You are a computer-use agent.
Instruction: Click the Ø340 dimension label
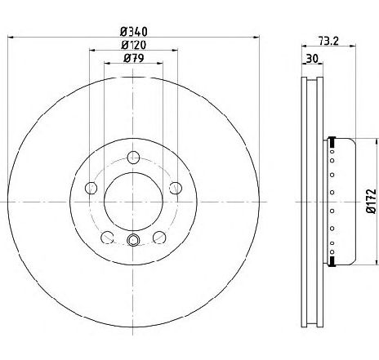pyautogui.click(x=134, y=32)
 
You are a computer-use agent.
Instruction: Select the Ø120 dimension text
pyautogui.click(x=134, y=45)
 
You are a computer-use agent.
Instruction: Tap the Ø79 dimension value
pyautogui.click(x=133, y=58)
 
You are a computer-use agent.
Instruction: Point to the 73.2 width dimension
pyautogui.click(x=328, y=41)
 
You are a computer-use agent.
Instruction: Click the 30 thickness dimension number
pyautogui.click(x=312, y=59)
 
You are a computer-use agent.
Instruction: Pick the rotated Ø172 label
pyautogui.click(x=372, y=201)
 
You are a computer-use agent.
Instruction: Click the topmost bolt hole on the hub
pyautogui.click(x=133, y=158)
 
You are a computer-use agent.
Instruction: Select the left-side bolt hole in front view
pyautogui.click(x=91, y=188)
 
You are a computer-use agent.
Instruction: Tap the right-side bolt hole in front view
pyautogui.click(x=176, y=188)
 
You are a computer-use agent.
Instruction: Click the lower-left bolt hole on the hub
pyautogui.click(x=107, y=238)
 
